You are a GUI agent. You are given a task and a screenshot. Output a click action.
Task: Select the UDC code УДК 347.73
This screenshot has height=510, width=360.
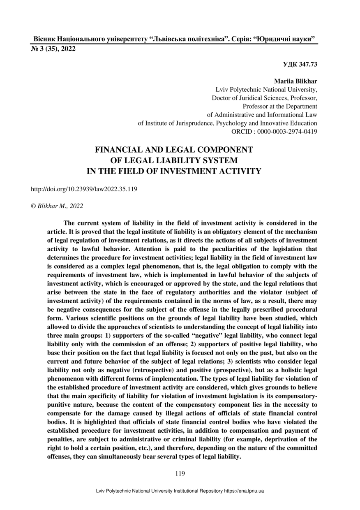pos(300,64)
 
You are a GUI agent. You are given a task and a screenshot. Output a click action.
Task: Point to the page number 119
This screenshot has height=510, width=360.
pos(180,473)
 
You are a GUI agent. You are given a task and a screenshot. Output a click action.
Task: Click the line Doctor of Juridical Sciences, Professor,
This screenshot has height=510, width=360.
pos(264,98)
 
